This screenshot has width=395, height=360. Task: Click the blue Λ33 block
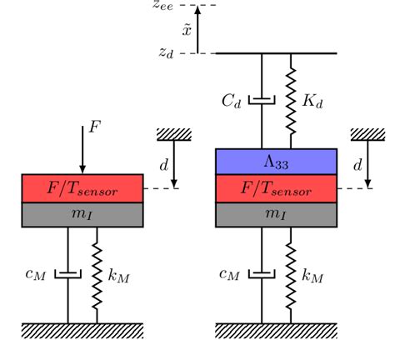pyautogui.click(x=276, y=161)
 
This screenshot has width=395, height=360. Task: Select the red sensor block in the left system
pyautogui.click(x=82, y=188)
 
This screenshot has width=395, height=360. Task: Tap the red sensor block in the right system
pyautogui.click(x=276, y=188)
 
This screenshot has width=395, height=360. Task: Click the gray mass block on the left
pyautogui.click(x=82, y=215)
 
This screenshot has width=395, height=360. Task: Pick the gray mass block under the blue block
pyautogui.click(x=276, y=215)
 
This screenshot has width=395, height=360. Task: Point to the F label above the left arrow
pyautogui.click(x=95, y=128)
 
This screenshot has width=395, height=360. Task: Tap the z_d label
pyautogui.click(x=167, y=52)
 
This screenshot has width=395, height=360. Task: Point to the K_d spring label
pyautogui.click(x=312, y=102)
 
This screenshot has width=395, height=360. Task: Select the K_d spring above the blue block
pyautogui.click(x=291, y=101)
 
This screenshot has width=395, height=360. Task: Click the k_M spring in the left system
pyautogui.click(x=97, y=274)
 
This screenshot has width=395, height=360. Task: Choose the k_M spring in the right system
pyautogui.click(x=291, y=274)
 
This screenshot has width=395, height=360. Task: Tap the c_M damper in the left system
pyautogui.click(x=67, y=273)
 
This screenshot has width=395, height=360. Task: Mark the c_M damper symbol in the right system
pyautogui.click(x=262, y=273)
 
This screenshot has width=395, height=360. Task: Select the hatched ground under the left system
pyautogui.click(x=82, y=330)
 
